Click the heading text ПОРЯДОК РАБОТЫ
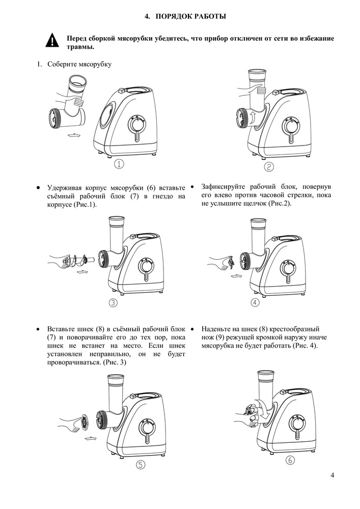tap(191, 16)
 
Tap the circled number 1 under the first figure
tap(119, 164)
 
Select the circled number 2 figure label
tap(269, 167)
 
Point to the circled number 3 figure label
tap(113, 303)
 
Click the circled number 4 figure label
tap(255, 302)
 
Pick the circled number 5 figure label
tap(140, 465)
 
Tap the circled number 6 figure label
tap(290, 460)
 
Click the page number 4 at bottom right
tap(332, 475)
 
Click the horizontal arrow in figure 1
tap(74, 135)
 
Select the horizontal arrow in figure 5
tap(90, 439)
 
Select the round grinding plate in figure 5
tap(85, 422)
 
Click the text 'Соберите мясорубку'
tap(79, 64)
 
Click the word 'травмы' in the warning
tap(80, 47)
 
